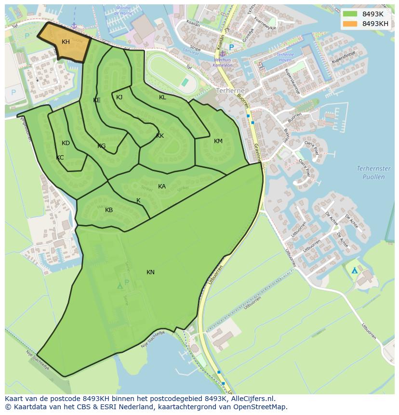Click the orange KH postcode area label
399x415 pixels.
[x=66, y=42]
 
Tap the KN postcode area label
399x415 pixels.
[x=150, y=272]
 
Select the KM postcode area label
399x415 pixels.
[x=218, y=141]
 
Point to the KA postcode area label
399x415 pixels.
[x=162, y=187]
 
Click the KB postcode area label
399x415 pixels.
[x=109, y=210]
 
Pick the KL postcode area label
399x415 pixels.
[x=162, y=97]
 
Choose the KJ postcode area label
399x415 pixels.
[x=119, y=97]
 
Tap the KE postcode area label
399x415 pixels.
[x=97, y=100]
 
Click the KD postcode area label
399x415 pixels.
[x=66, y=143]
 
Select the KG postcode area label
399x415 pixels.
[x=101, y=146]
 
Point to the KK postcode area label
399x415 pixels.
[x=160, y=136]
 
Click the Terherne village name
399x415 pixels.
[x=230, y=91]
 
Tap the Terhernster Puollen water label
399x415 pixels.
[x=373, y=173]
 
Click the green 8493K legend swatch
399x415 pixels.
[x=350, y=14]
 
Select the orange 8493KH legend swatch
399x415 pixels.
[x=350, y=24]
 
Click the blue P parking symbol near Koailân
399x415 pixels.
[x=231, y=47]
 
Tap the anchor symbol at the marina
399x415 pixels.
[x=74, y=25]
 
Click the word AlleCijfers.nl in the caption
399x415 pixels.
[x=253, y=399]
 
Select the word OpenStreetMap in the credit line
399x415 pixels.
[x=263, y=407]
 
